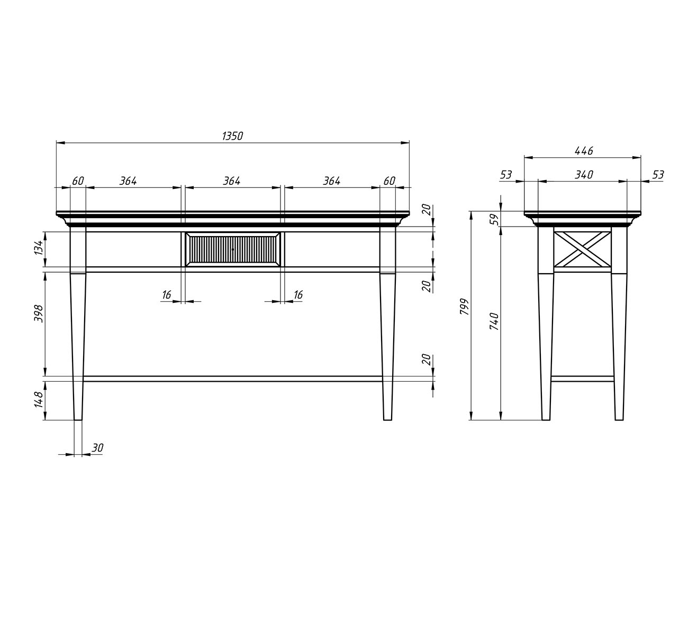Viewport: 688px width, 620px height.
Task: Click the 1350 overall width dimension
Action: tap(232, 136)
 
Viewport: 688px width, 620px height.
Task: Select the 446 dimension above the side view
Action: tap(584, 150)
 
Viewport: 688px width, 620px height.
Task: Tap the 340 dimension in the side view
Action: tap(584, 175)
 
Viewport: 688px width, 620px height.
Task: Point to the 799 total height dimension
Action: tap(464, 307)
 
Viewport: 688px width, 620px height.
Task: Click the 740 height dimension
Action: tap(494, 321)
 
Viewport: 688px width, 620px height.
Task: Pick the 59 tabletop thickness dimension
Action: tap(494, 219)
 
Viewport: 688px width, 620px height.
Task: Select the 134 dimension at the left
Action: tap(40, 247)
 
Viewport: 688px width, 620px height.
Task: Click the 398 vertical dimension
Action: tap(39, 313)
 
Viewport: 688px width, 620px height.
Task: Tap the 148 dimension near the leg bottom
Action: tap(39, 400)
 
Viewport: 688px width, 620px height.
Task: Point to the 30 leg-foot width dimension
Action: tap(97, 448)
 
